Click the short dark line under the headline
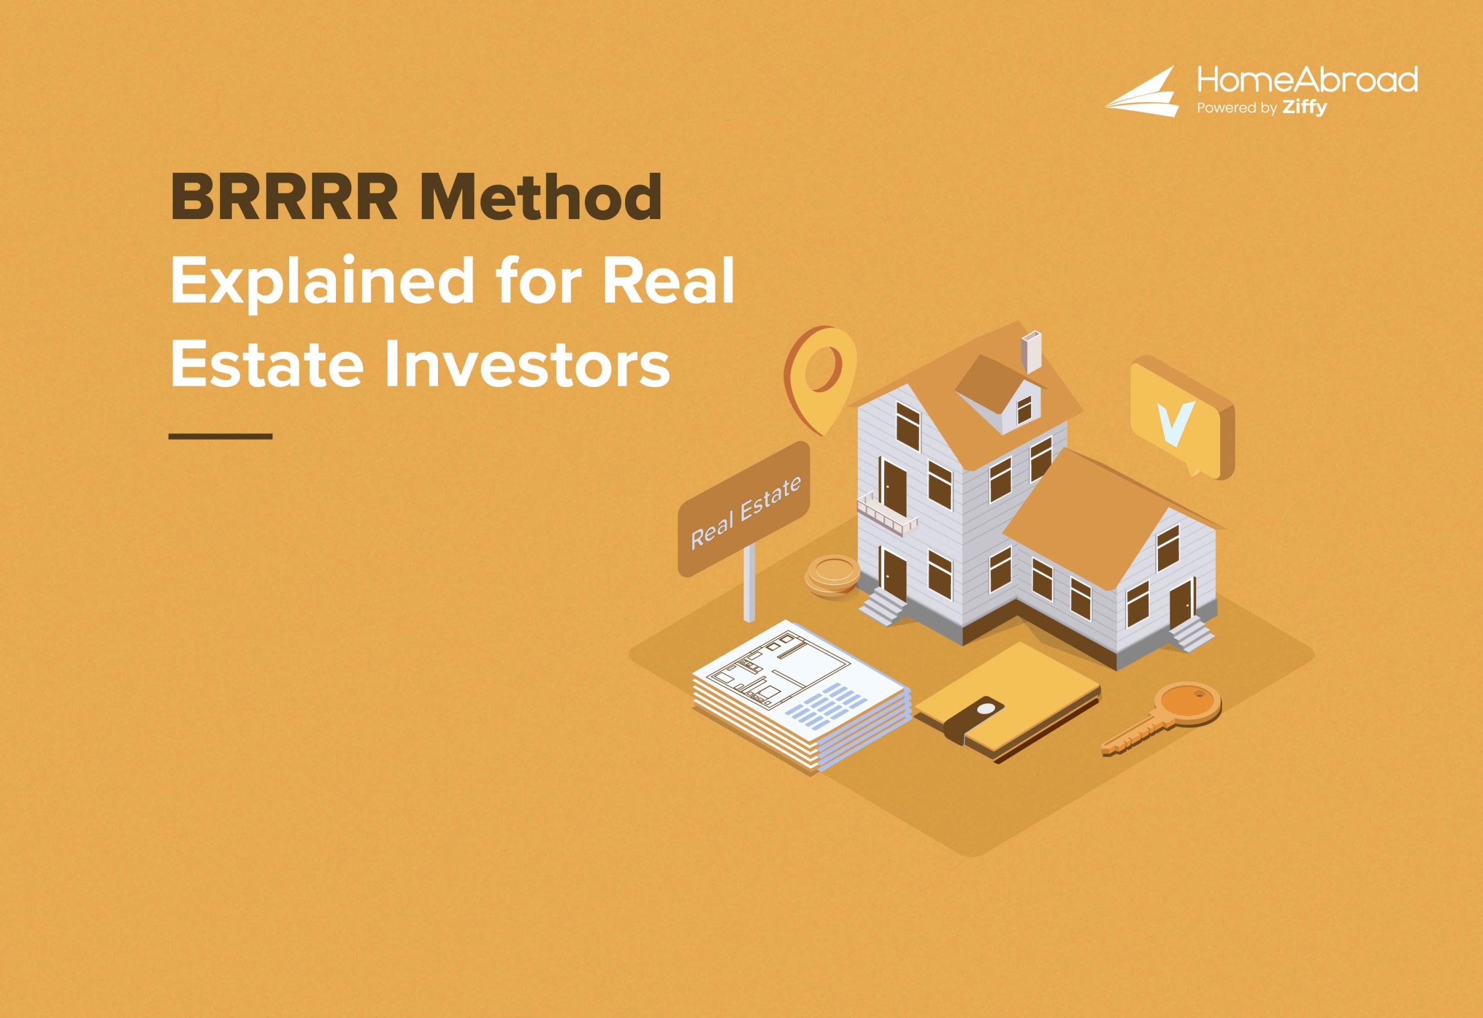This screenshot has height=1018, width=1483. click(x=221, y=436)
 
